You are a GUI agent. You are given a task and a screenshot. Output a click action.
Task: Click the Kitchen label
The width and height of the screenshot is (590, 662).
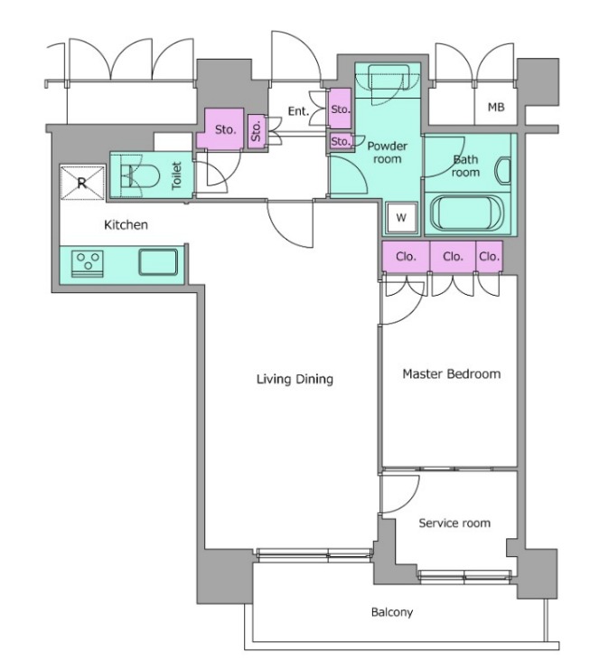pos(126,224)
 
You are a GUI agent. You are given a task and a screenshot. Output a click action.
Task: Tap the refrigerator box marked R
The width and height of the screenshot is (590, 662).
pos(82,183)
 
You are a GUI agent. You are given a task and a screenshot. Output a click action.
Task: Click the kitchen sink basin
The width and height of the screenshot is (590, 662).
pos(158,262)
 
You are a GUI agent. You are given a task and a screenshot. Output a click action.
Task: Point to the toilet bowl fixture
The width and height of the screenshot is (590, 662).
pos(139,176)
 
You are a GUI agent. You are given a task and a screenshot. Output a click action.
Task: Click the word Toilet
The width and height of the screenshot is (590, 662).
pos(176,175)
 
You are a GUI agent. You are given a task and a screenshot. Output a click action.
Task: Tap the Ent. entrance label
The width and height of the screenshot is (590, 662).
pos(298,111)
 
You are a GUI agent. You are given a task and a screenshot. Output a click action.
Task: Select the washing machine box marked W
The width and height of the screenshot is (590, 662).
pos(401,217)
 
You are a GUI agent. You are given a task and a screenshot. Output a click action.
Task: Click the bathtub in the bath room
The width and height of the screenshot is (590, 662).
pos(466,214)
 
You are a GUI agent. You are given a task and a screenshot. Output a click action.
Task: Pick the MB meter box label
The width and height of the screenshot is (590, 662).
pos(496,108)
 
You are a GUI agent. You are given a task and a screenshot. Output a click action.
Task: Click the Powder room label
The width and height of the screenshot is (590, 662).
pos(387,153)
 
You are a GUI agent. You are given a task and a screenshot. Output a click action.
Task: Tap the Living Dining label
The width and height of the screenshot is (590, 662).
pos(295,379)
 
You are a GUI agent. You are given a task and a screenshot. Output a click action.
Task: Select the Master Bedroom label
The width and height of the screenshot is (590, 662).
pos(452,374)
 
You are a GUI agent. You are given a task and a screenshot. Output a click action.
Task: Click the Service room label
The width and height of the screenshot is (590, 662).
pos(454,523)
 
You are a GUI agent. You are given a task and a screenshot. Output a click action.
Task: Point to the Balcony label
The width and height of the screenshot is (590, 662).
pos(392,611)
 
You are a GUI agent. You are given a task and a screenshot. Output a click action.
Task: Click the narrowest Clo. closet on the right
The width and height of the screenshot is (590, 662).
pos(489,256)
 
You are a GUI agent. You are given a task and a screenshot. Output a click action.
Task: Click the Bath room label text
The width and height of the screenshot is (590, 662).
pos(465,165)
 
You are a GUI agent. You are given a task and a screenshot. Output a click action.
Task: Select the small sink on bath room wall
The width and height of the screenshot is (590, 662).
pos(504,171)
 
